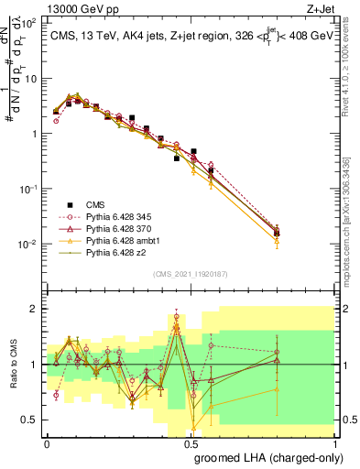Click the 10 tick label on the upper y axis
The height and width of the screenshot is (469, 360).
pos(30,78)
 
